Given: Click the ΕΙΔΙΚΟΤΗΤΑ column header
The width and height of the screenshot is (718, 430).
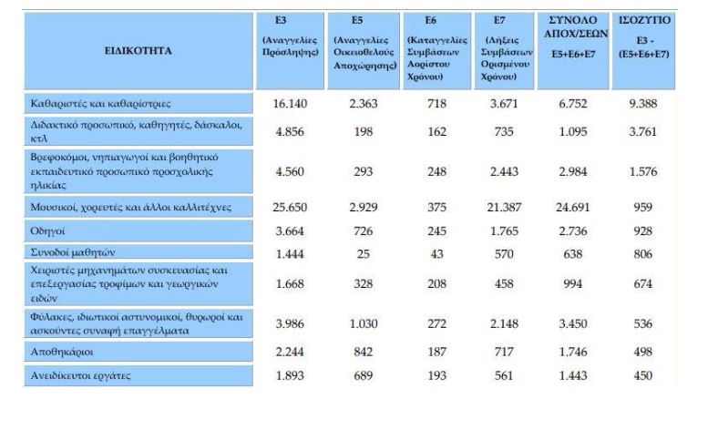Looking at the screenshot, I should click(138, 51).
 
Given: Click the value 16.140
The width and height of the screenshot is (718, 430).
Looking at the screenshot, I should click(291, 104).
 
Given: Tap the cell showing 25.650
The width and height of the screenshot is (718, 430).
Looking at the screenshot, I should click(291, 208).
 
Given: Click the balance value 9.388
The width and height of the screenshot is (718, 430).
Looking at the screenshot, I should click(644, 104).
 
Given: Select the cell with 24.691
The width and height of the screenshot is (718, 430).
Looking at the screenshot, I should click(573, 208).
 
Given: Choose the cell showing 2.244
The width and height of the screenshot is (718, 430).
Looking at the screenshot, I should click(291, 352).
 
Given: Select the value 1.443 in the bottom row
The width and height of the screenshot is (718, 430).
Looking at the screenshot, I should click(573, 375).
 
